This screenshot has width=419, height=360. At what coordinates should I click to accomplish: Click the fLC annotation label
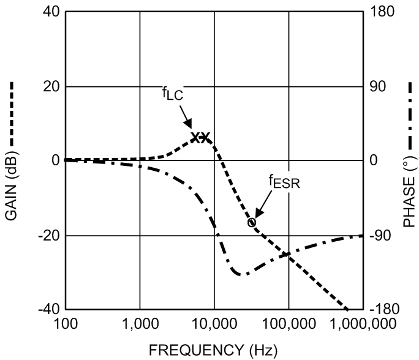pyautogui.click(x=174, y=95)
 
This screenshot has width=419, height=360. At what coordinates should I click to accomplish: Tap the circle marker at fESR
pyautogui.click(x=252, y=222)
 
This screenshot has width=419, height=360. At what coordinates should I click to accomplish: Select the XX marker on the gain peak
pyautogui.click(x=200, y=137)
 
